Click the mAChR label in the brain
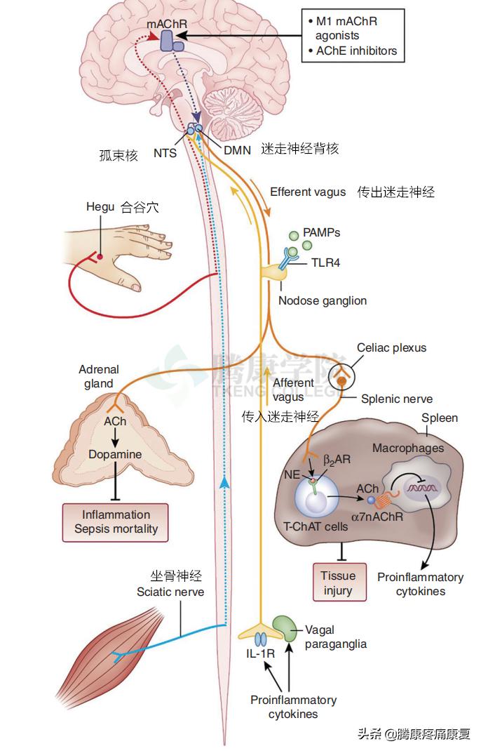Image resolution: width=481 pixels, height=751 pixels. tap(166, 24)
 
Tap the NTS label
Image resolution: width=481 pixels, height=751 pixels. tap(165, 151)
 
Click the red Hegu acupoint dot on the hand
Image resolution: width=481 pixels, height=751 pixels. tap(100, 257)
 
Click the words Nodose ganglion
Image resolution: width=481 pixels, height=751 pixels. tap(322, 300)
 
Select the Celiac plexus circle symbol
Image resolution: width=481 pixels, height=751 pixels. tap(341, 376)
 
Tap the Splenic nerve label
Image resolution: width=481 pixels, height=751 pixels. tap(396, 399)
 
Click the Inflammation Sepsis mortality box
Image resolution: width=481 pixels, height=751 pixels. tap(116, 521)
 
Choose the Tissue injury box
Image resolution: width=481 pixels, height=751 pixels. tap(339, 583)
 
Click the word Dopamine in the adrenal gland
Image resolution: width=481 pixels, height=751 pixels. tap(115, 454)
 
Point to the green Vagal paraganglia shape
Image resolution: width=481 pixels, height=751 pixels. tap(284, 626)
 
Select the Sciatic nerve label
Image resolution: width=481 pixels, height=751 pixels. tap(170, 592)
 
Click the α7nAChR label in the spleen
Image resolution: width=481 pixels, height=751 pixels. tap(379, 517)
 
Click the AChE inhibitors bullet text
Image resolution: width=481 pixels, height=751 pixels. tap(355, 51)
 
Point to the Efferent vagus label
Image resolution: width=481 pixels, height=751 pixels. tap(308, 192)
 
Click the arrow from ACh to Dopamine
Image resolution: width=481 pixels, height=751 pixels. tap(115, 438)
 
